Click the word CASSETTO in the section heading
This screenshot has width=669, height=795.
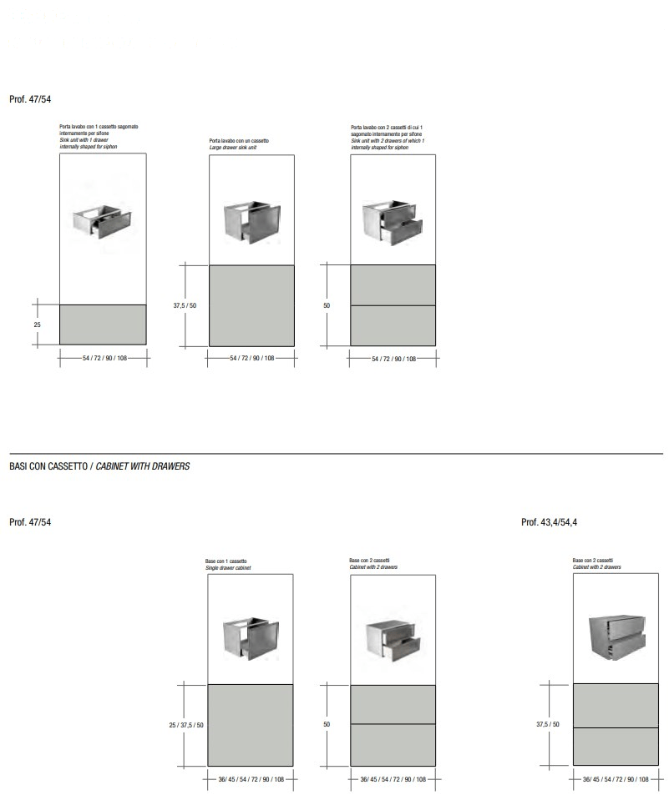tap(64, 466)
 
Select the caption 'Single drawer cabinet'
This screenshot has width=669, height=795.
tap(228, 568)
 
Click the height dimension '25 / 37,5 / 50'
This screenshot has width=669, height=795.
tap(186, 726)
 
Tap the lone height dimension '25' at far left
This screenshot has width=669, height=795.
tap(38, 324)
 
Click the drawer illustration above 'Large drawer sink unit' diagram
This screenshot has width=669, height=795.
tap(251, 220)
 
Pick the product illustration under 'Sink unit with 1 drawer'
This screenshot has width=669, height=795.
tap(102, 219)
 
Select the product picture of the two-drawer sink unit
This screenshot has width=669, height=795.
tap(392, 221)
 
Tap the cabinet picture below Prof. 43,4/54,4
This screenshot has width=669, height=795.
tap(616, 637)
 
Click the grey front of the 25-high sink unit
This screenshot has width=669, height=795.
tap(104, 324)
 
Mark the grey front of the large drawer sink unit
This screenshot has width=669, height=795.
tap(251, 304)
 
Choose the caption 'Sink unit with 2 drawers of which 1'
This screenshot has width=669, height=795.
tap(388, 140)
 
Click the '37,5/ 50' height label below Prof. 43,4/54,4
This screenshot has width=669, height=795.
tap(548, 724)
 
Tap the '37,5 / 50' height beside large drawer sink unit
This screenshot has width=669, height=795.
tap(185, 306)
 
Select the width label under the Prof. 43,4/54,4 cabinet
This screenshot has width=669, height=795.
tap(616, 779)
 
